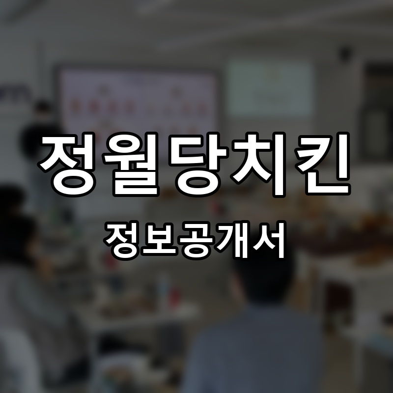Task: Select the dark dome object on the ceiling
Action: [x=346, y=51]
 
